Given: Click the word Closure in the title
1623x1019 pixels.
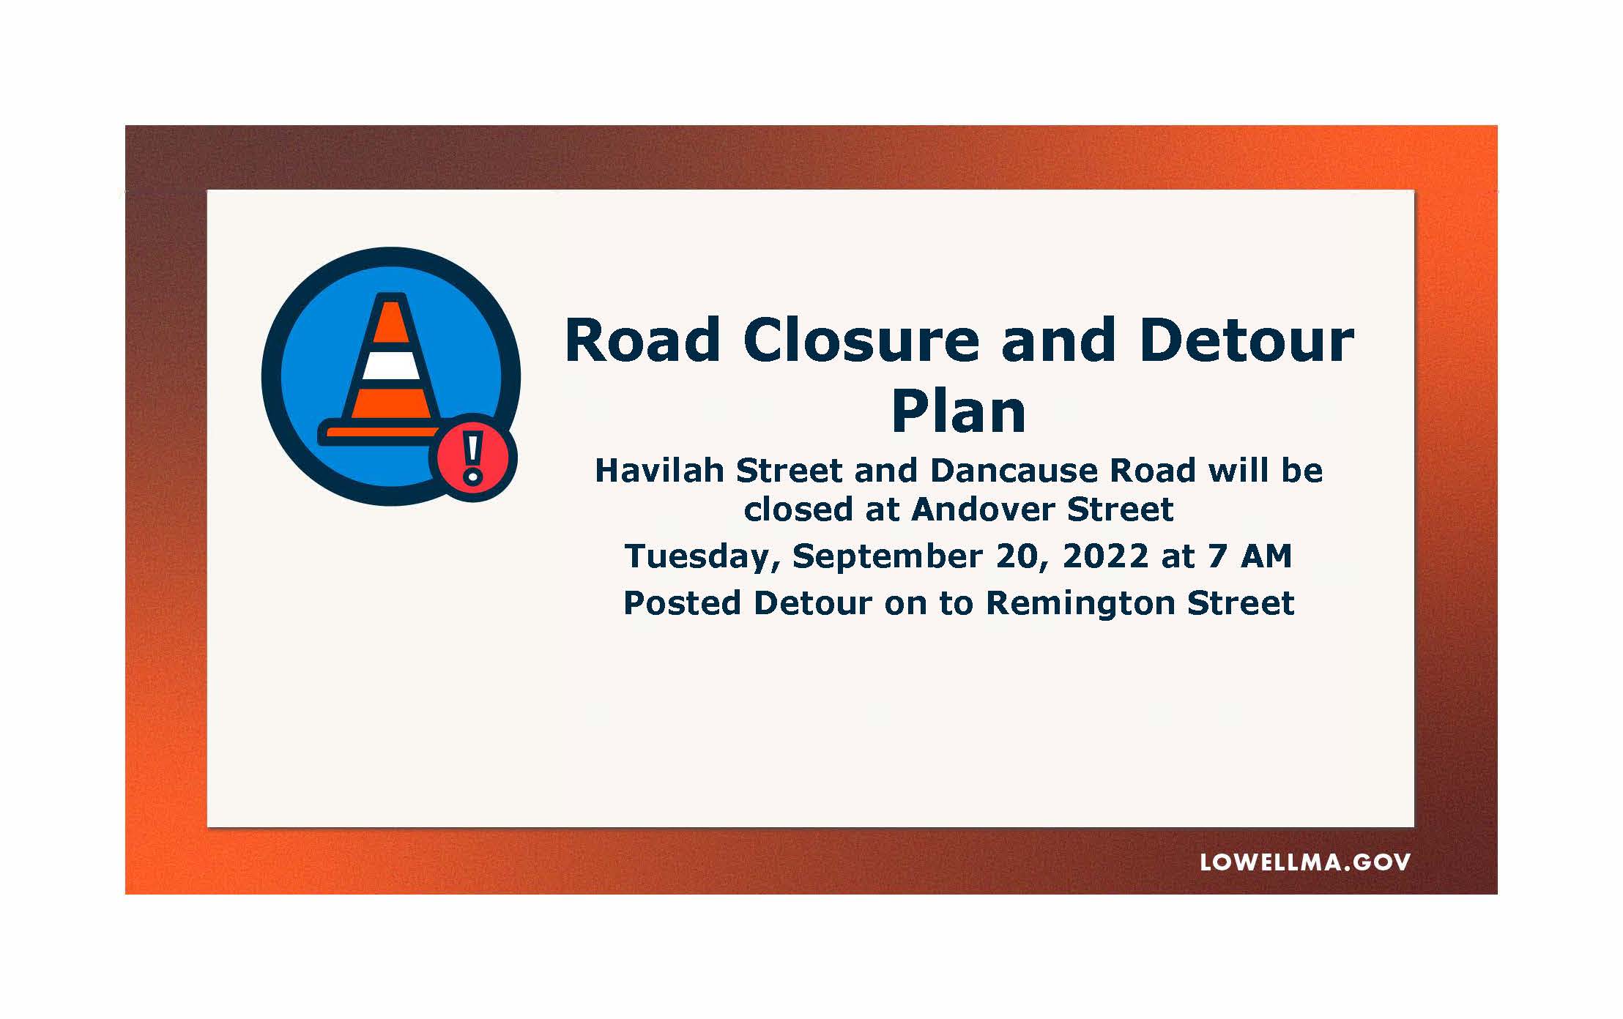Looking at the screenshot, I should tap(861, 340).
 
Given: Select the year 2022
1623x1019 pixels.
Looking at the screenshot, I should tap(1105, 556).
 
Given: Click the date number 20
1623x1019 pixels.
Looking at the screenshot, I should tap(1021, 556).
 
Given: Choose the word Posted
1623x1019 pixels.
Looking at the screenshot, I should tap(682, 602).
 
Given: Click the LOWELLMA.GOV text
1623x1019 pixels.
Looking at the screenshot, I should tap(1305, 862).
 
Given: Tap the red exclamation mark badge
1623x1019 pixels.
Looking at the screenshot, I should tap(473, 458).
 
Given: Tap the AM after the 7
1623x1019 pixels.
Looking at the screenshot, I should tap(1266, 556).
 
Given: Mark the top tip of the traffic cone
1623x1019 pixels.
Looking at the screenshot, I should tap(391, 296).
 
